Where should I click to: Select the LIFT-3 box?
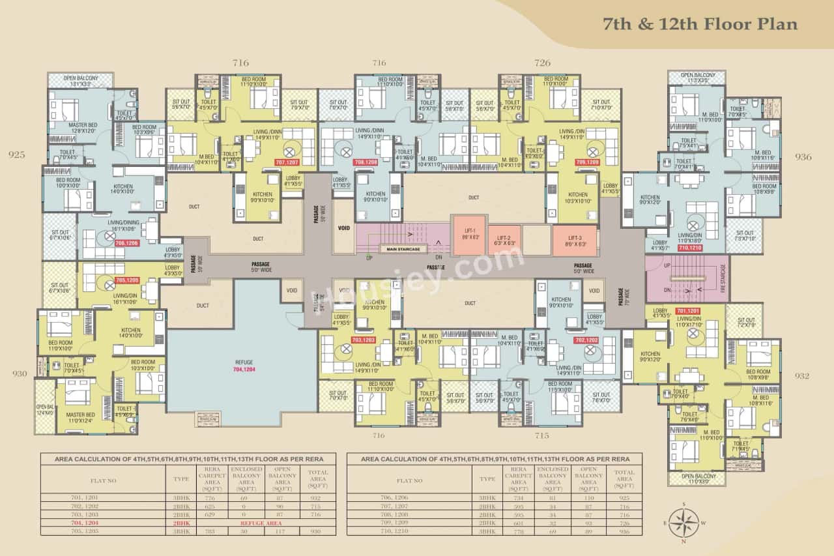click(574, 240)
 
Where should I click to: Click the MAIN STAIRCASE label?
click(403, 248)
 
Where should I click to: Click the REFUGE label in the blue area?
click(244, 362)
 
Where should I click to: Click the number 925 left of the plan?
click(17, 155)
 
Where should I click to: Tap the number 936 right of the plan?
click(803, 156)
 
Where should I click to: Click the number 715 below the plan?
click(542, 435)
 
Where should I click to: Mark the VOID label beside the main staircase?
click(344, 229)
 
